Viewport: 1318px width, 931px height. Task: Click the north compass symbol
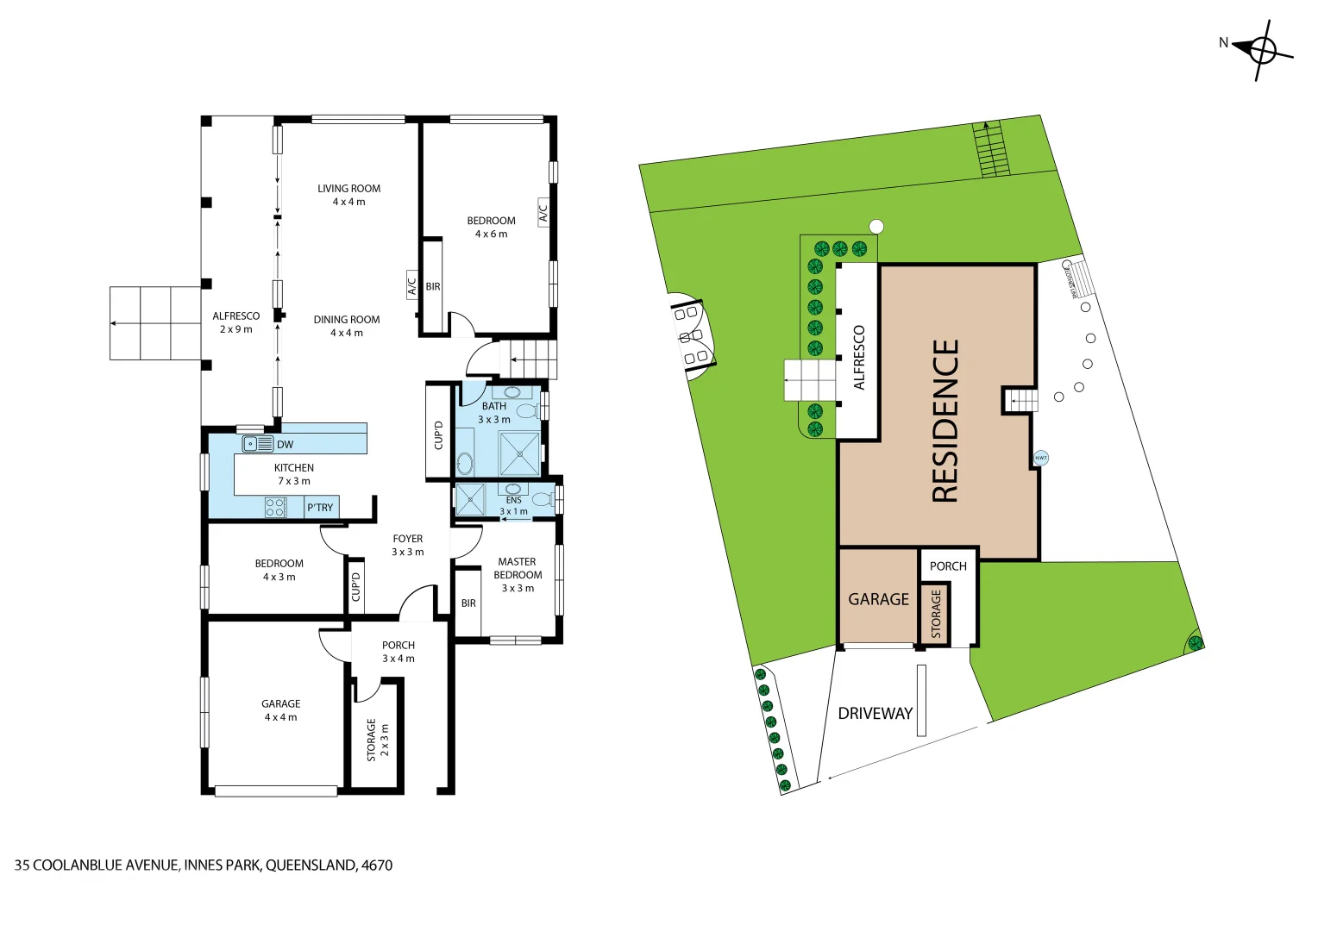pos(1263,50)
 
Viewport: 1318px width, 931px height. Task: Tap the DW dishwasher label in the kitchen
pos(286,445)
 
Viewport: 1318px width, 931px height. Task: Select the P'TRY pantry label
pos(320,508)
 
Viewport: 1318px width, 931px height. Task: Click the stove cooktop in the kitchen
pos(275,507)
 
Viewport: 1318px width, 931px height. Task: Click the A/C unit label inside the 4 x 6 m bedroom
pos(543,211)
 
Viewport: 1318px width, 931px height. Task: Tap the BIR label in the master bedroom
pos(468,603)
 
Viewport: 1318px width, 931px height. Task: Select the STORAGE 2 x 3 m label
pos(378,740)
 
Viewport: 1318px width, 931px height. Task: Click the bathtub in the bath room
pos(465,464)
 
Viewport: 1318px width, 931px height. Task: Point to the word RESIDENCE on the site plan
pos(946,421)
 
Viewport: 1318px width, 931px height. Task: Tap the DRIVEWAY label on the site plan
pos(875,714)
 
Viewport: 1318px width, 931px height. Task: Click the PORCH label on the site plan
pos(948,566)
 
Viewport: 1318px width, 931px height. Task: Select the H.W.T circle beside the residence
pos(1041,458)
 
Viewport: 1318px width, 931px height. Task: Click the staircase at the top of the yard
pos(991,149)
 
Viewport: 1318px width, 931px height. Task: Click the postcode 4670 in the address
pos(377,865)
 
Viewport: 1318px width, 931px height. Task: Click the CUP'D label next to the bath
pos(438,434)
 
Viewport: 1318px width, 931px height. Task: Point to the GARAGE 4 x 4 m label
pos(281,710)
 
